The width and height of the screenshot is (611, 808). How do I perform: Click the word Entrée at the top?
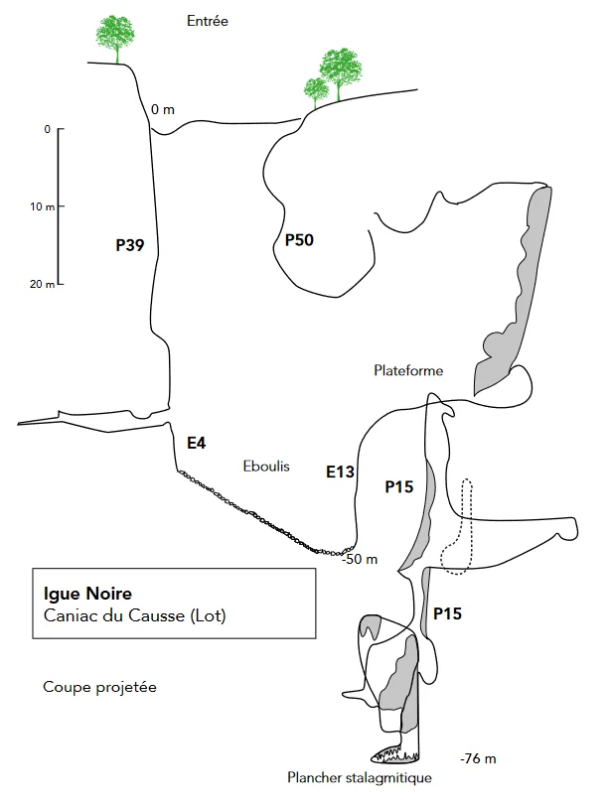[x=208, y=21]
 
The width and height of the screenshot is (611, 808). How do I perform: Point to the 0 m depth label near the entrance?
[x=162, y=109]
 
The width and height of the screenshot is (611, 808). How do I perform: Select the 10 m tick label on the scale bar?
[x=43, y=207]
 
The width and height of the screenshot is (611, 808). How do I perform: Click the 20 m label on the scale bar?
[x=43, y=284]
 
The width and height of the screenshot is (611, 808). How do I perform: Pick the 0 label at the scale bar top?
[x=47, y=129]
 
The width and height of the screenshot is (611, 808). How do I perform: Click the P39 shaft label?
[x=130, y=245]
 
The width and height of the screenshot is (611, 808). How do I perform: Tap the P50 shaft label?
[x=299, y=239]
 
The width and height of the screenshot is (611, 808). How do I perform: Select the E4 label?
[x=196, y=443]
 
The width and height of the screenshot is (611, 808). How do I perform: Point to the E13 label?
[x=341, y=471]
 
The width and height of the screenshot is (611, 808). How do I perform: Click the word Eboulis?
[x=266, y=467]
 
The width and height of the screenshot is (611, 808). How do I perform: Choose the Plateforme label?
[x=408, y=370]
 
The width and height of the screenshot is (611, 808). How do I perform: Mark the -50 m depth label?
[x=360, y=559]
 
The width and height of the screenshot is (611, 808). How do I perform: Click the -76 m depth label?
[x=478, y=758]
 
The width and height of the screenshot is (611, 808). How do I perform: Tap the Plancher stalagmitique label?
[x=360, y=777]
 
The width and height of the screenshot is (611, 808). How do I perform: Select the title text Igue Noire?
[x=87, y=594]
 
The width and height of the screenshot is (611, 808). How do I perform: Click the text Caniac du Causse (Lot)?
[x=134, y=615]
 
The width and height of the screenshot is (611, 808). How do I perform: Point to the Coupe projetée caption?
[x=99, y=688]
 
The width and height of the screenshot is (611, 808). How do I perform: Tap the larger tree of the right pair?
[x=340, y=71]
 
